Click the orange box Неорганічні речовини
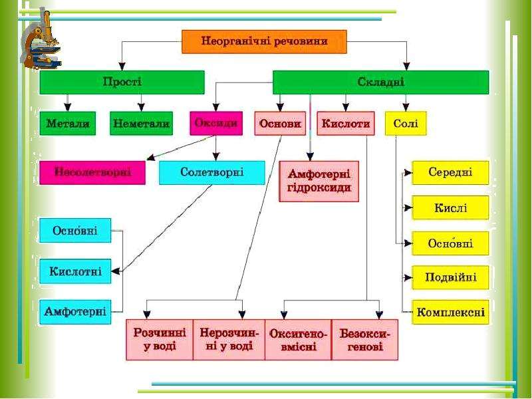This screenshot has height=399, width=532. [x=264, y=42]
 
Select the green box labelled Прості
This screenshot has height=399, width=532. [x=122, y=82]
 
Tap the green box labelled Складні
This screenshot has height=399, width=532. [x=380, y=82]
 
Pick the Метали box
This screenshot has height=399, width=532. [x=68, y=124]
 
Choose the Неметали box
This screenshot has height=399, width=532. [x=141, y=124]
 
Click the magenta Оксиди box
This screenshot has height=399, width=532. [x=216, y=124]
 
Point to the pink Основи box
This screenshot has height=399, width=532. [x=280, y=124]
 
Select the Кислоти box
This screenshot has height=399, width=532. [x=346, y=124]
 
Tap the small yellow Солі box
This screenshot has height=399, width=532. [x=406, y=124]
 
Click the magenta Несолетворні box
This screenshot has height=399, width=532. [x=92, y=173]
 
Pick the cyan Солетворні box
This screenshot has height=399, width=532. [x=212, y=173]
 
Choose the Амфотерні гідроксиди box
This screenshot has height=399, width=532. [x=319, y=182]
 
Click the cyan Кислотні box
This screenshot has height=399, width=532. [x=75, y=271]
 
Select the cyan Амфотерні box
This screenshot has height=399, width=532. [x=75, y=312]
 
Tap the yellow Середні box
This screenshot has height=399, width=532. [x=450, y=173]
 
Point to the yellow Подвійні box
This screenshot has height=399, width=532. [x=450, y=277]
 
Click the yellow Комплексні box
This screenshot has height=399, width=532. [x=450, y=312]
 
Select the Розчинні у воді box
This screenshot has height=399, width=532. [x=160, y=340]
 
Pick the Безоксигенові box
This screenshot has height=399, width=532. [x=364, y=340]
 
